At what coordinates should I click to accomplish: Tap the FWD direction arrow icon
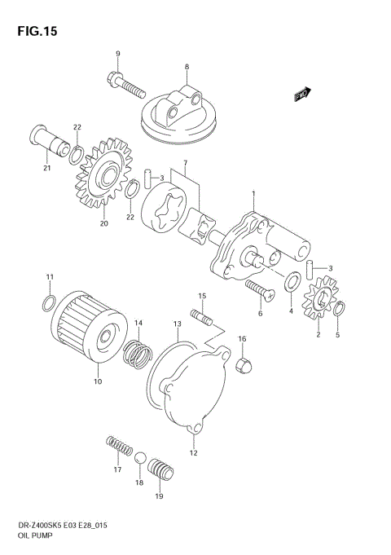[303, 95]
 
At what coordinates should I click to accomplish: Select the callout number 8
[187, 66]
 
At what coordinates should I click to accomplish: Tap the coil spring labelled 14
[140, 353]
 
